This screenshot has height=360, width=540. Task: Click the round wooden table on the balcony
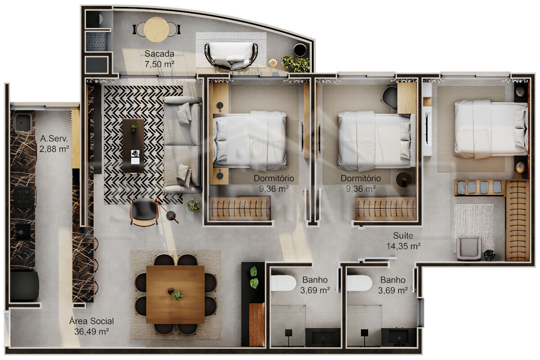(157, 30)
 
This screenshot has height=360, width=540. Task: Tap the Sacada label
(159, 54)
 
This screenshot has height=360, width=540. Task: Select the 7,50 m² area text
(159, 64)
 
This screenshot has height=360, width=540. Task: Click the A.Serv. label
(54, 139)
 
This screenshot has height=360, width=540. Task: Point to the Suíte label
(403, 235)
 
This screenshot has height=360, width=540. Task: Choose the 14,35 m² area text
(403, 246)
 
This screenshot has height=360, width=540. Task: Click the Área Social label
(91, 321)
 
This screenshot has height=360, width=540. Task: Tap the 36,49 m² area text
(91, 332)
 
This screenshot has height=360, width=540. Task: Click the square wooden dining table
(175, 294)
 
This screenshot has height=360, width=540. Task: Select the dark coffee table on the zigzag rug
(133, 145)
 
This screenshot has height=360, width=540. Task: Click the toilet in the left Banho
(283, 283)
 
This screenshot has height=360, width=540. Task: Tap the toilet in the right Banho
(360, 283)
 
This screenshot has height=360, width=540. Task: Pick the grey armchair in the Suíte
(469, 249)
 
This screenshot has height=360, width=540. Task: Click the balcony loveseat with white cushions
(231, 56)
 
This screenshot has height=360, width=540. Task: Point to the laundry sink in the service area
(22, 123)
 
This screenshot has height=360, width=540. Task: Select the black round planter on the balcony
(300, 50)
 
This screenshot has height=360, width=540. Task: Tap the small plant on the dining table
(177, 295)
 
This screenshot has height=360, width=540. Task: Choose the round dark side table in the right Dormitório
(404, 180)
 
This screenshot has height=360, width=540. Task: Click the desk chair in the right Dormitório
(390, 97)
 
